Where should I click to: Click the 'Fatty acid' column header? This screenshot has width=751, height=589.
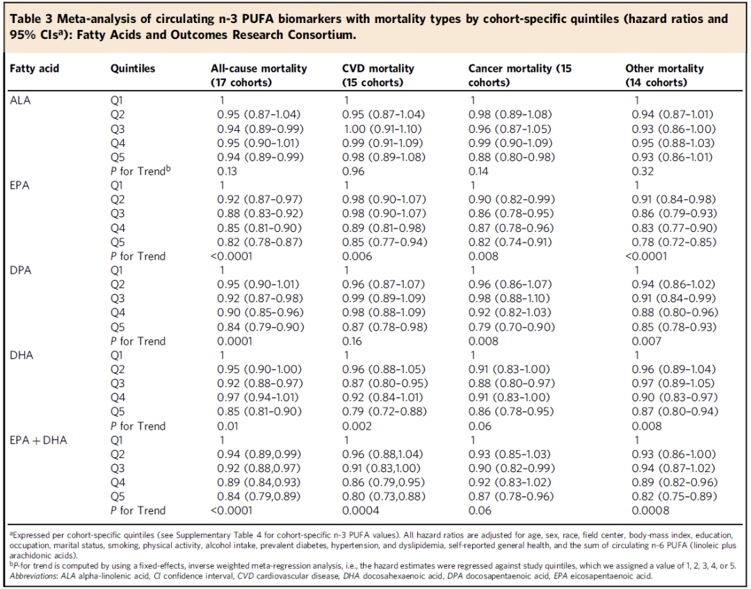pyautogui.click(x=35, y=69)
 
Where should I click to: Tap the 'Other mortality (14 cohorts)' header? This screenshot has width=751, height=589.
pyautogui.click(x=664, y=75)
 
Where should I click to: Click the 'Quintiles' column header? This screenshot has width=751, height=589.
pyautogui.click(x=133, y=69)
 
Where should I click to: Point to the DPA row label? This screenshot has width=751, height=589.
pyautogui.click(x=21, y=271)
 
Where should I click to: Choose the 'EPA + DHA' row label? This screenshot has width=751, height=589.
pyautogui.click(x=38, y=440)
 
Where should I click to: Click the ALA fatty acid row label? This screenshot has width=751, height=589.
pyautogui.click(x=20, y=101)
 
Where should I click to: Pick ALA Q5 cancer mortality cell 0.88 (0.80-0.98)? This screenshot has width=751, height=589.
pyautogui.click(x=512, y=157)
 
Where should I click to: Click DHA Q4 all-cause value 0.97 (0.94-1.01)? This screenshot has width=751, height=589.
pyautogui.click(x=258, y=398)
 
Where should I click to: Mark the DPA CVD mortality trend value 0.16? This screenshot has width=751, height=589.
pyautogui.click(x=352, y=342)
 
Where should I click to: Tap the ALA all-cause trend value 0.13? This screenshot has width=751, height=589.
pyautogui.click(x=227, y=172)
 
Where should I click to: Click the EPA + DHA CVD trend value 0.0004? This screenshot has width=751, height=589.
pyautogui.click(x=361, y=511)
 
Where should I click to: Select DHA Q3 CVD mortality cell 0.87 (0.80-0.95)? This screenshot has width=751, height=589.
pyautogui.click(x=385, y=384)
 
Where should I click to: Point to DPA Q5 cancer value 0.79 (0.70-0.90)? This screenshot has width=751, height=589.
pyautogui.click(x=512, y=327)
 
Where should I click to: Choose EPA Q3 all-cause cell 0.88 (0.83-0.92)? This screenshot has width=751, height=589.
pyautogui.click(x=259, y=214)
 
